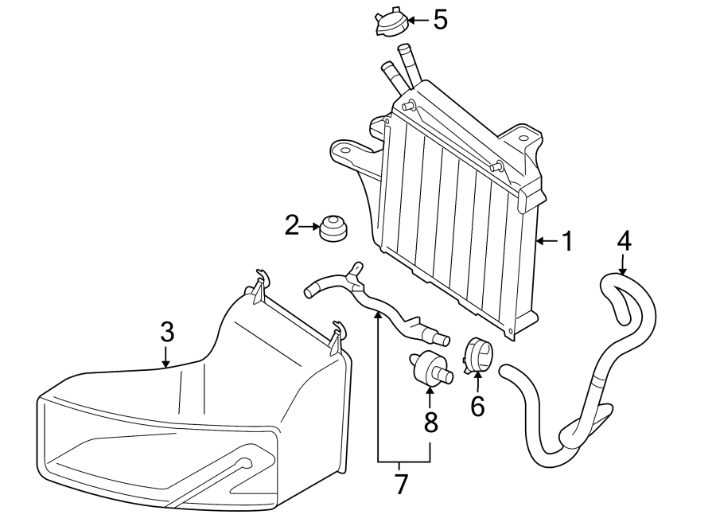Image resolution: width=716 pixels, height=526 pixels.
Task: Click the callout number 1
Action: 567,241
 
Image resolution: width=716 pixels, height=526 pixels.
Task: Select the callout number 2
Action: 292,227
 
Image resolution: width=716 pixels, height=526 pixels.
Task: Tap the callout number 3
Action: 166,330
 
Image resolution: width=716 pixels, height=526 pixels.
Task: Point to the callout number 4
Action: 624,240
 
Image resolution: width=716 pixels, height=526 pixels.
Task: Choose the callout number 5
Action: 440,20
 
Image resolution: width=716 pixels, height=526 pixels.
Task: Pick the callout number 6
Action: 477,406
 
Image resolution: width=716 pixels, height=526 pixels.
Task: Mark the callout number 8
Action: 430,423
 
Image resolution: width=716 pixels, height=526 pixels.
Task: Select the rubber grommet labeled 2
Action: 333,228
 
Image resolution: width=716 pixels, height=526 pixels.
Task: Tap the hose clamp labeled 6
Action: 478,355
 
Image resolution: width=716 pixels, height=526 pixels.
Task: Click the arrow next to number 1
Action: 547,240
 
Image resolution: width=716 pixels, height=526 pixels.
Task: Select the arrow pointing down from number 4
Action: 624,265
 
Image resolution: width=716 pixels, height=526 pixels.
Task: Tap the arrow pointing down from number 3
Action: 166,356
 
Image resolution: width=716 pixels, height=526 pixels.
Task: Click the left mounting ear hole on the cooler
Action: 344,149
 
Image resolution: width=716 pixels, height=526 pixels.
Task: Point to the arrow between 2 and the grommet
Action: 311,228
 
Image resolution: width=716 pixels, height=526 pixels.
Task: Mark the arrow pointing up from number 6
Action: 477,382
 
